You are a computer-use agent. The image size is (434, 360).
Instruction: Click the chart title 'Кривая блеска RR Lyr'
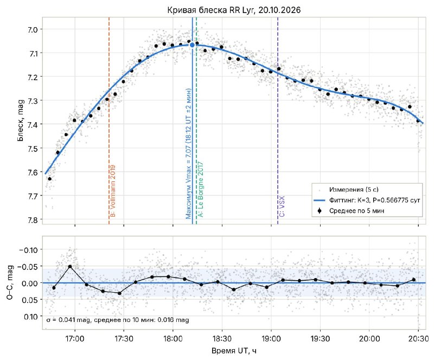(211, 10)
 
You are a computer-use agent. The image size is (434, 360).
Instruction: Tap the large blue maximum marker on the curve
(192, 45)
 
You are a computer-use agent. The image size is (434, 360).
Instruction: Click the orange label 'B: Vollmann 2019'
(113, 191)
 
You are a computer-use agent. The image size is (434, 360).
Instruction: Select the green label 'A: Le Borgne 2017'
(200, 190)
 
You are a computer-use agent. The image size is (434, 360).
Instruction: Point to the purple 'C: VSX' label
(282, 206)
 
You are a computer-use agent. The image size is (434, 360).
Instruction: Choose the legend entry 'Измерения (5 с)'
(354, 190)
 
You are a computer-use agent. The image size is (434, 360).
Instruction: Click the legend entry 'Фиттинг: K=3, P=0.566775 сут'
(375, 200)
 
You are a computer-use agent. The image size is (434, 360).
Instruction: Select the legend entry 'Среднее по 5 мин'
(356, 211)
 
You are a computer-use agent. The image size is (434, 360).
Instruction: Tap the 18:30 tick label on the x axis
(222, 339)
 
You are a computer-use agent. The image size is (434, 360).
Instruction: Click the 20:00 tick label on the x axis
(369, 339)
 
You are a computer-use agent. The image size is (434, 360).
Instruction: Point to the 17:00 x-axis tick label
(75, 339)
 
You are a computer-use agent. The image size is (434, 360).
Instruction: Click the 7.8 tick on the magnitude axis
(34, 220)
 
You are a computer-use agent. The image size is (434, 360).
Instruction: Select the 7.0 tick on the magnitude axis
(34, 29)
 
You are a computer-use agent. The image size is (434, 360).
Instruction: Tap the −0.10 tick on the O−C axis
(29, 250)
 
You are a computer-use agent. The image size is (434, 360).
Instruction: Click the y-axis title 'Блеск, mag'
(21, 121)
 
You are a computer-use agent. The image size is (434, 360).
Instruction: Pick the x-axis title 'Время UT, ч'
(234, 351)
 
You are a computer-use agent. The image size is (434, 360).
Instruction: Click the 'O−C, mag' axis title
(10, 282)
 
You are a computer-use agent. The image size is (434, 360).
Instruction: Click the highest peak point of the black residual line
(70, 267)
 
